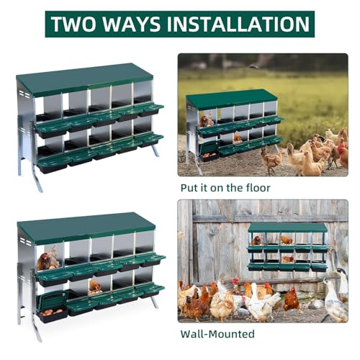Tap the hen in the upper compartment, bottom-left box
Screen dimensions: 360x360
pyautogui.click(x=46, y=261)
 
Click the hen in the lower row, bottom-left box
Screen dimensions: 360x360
pyautogui.click(x=94, y=287)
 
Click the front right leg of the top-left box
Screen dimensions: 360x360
pyautogui.click(x=156, y=150)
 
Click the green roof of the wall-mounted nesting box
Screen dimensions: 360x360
pyautogui.click(x=288, y=227)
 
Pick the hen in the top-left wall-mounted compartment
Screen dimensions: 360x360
pyautogui.click(x=256, y=240)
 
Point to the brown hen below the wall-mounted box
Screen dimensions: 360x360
pyautogui.click(x=291, y=300)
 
